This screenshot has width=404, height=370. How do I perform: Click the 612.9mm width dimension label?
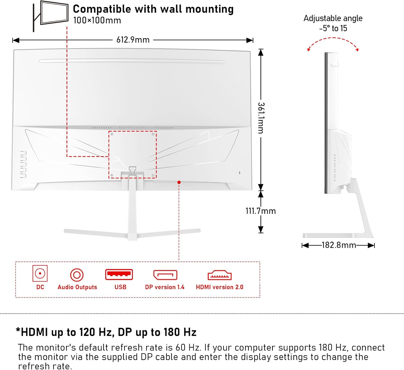point(133,40)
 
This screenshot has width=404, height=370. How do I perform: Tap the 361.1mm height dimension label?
point(261,118)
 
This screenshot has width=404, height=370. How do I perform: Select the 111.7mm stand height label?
point(260,211)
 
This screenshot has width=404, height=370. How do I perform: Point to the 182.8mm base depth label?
point(339,245)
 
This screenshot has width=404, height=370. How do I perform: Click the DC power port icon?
point(40,273)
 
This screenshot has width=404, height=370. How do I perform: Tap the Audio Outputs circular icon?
point(77,275)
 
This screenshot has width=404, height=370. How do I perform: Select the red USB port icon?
point(119,275)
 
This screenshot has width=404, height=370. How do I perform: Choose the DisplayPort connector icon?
point(165,275)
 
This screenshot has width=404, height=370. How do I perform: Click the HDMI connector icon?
point(220,275)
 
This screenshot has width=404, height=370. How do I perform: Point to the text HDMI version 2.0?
point(220,287)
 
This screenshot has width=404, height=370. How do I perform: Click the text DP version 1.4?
point(165,287)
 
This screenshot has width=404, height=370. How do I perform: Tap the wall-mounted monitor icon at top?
point(51,15)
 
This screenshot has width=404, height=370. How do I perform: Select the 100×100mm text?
point(97,20)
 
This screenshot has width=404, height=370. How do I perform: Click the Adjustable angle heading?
point(333,18)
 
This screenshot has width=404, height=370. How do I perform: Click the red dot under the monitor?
point(179,183)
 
